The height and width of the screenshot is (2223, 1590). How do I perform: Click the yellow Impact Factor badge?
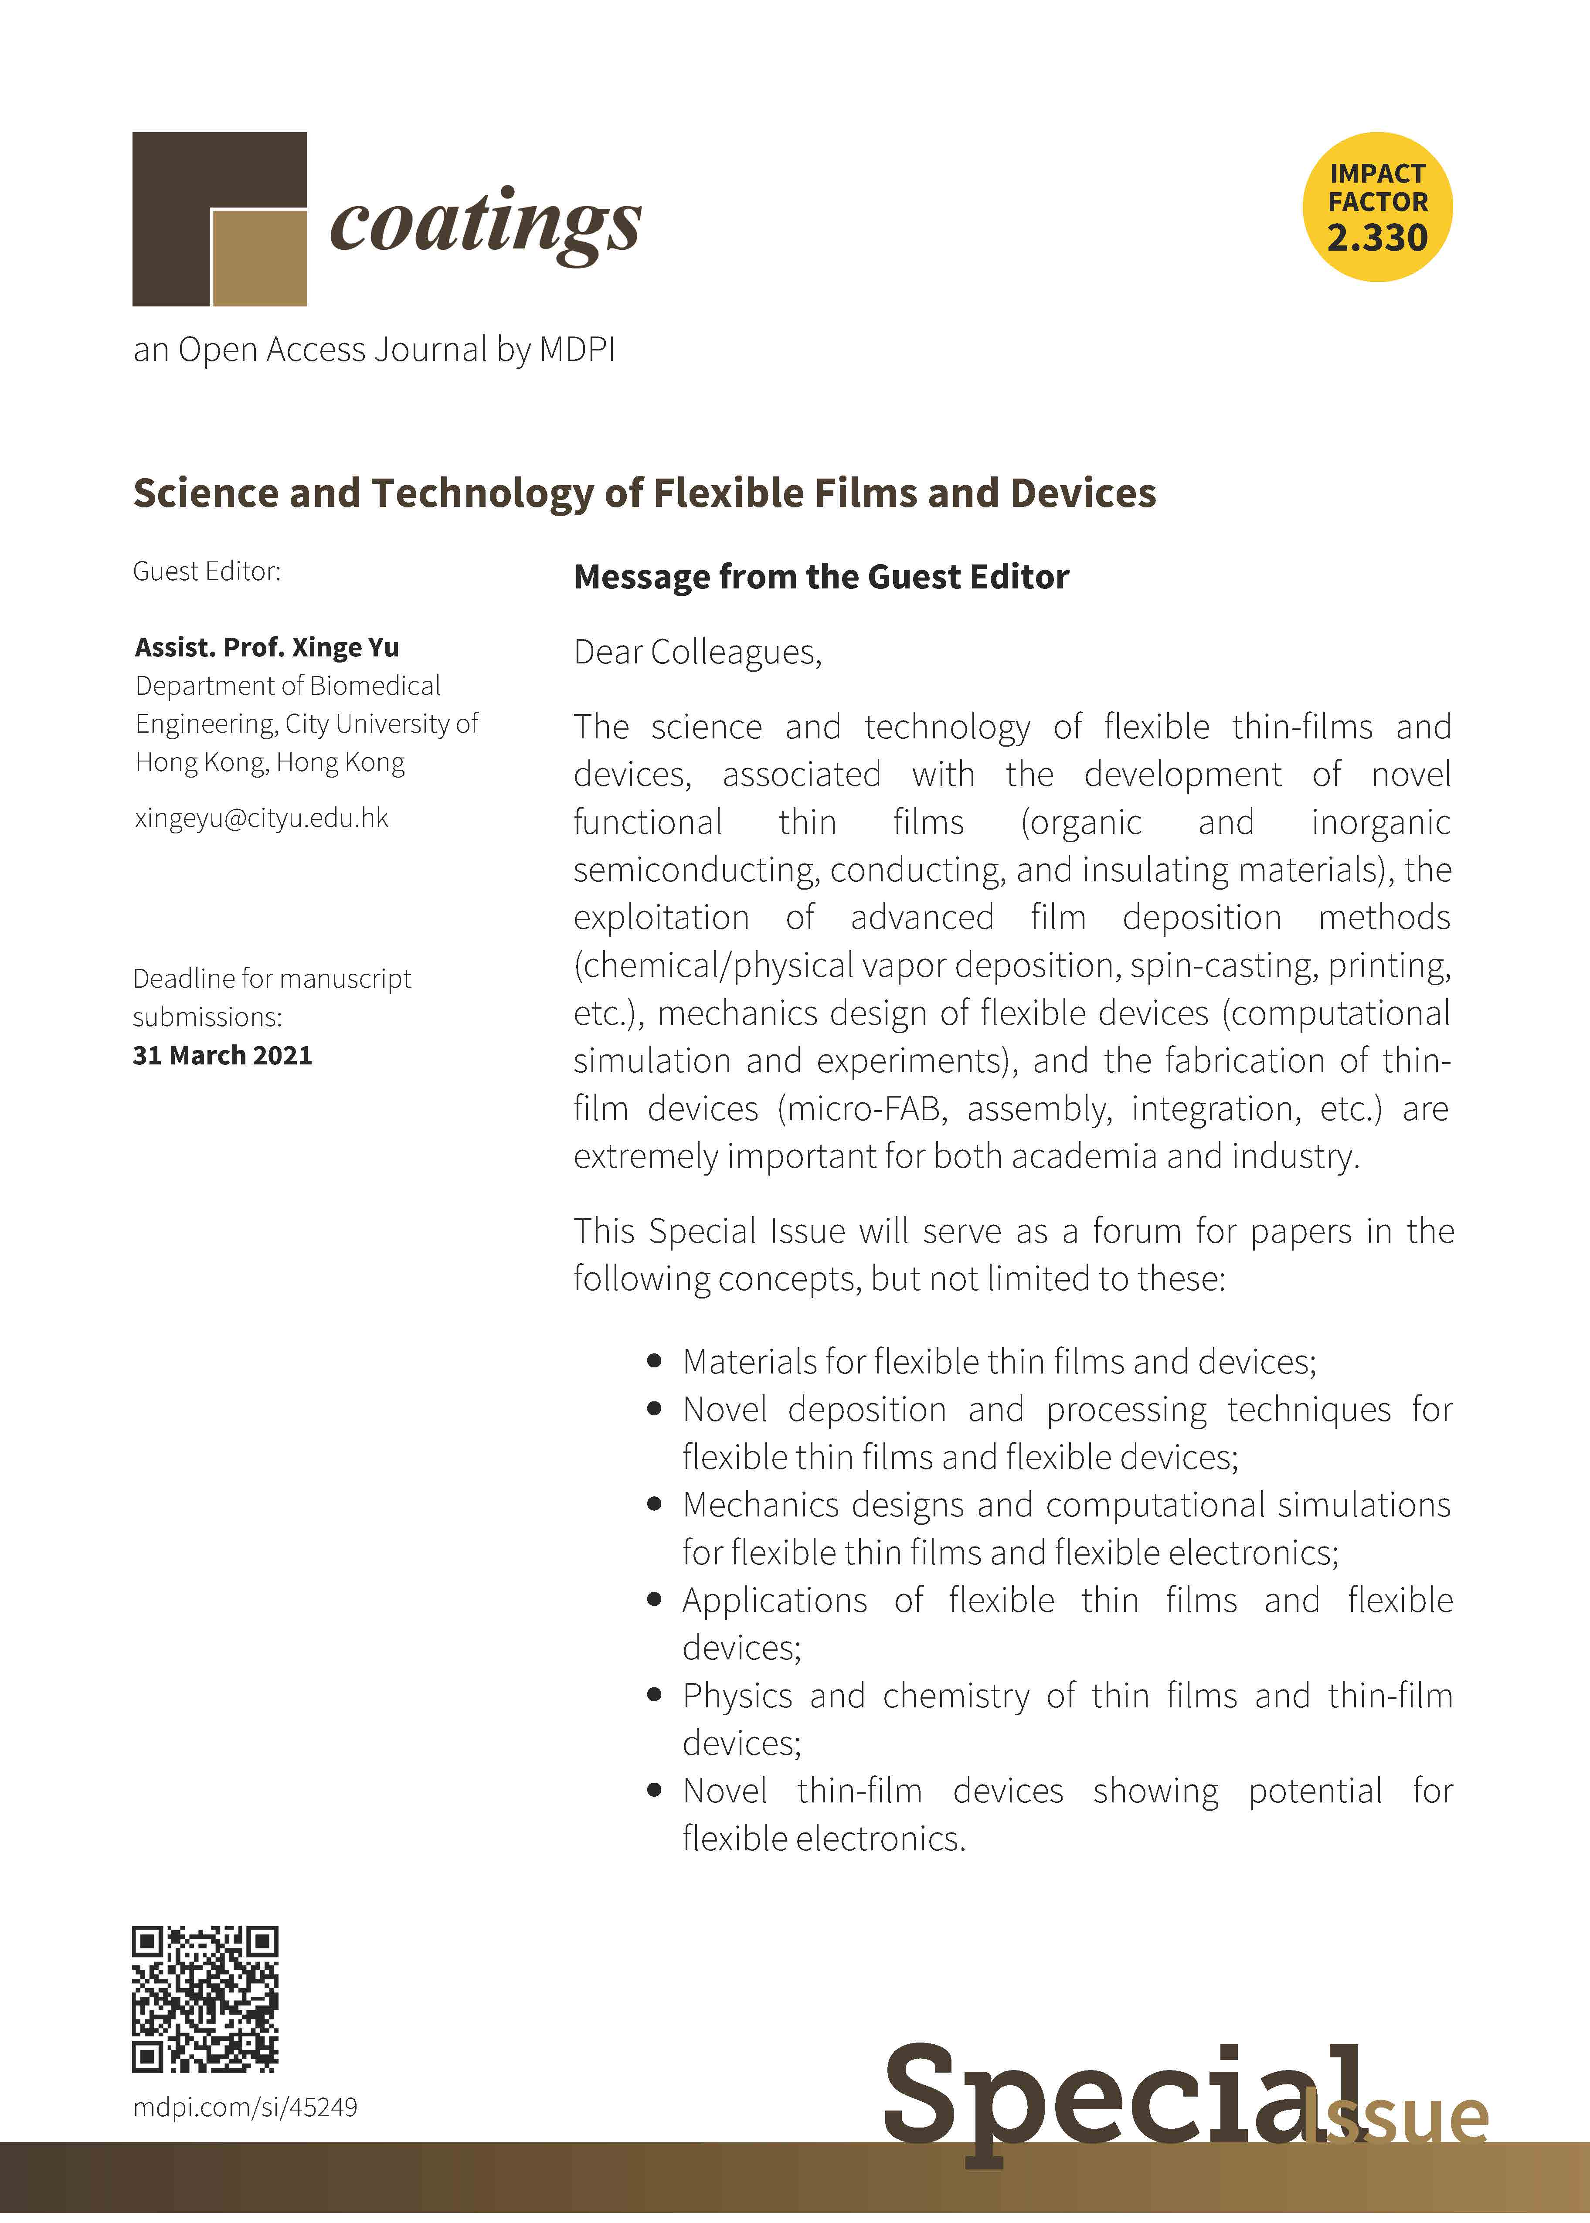pyautogui.click(x=1376, y=207)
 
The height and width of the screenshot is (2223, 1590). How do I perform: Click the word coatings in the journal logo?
pyautogui.click(x=486, y=223)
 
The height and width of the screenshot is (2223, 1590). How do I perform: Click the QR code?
pyautogui.click(x=206, y=1999)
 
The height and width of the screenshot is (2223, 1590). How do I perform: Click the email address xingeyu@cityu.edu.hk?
pyautogui.click(x=262, y=818)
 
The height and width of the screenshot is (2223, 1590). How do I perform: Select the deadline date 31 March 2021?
pyautogui.click(x=222, y=1055)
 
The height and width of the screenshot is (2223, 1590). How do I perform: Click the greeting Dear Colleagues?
pyautogui.click(x=697, y=652)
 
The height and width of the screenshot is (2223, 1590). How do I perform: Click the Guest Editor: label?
pyautogui.click(x=207, y=571)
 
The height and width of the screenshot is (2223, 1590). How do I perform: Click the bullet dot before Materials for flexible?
pyautogui.click(x=655, y=1362)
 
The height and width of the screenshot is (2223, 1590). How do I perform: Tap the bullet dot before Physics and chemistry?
pyautogui.click(x=655, y=1696)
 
